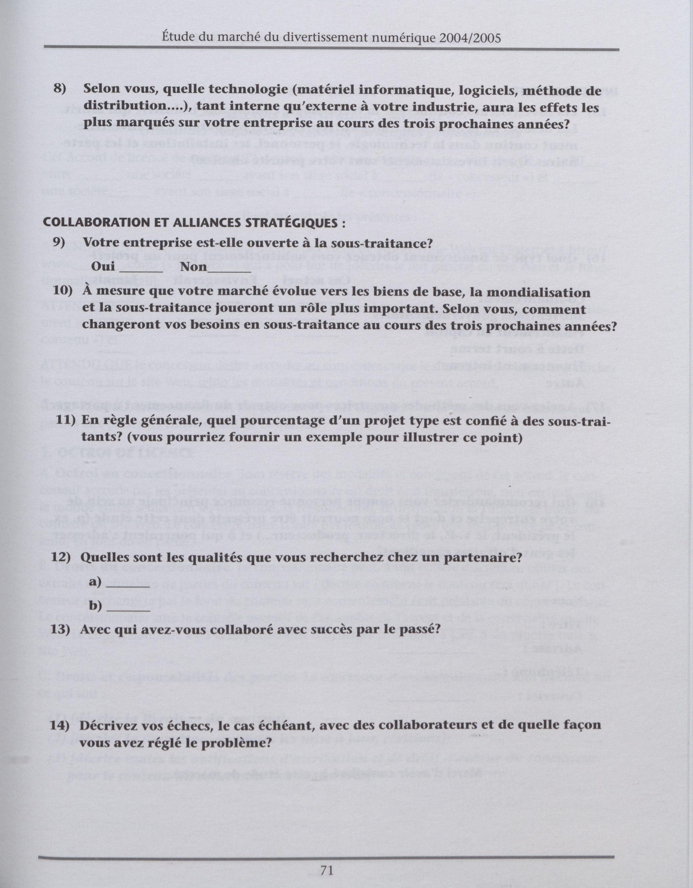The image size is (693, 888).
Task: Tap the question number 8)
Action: [x=60, y=89]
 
